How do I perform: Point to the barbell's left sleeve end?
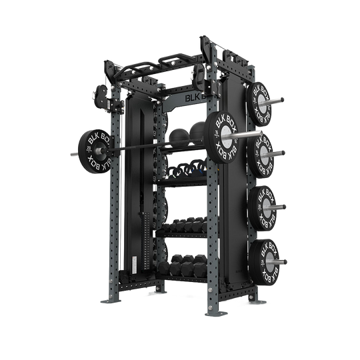coord(69,157)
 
